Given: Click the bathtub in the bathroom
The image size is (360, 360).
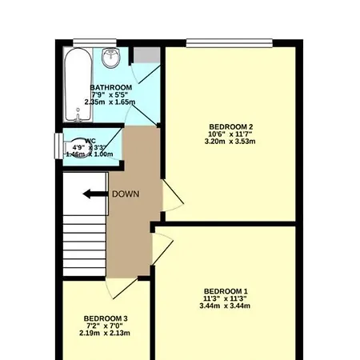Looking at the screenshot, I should [x=76, y=80].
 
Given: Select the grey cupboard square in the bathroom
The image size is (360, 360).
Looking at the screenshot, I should [x=146, y=54].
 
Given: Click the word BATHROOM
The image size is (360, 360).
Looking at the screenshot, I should [x=111, y=87].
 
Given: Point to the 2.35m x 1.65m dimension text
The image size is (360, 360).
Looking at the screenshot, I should [x=111, y=102].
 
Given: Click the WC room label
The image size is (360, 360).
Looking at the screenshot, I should [x=90, y=141].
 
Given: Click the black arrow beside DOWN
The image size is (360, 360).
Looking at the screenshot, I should [x=94, y=194].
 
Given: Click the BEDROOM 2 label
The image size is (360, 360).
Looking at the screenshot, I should [x=230, y=127].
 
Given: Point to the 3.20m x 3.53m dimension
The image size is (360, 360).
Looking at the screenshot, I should [x=230, y=142].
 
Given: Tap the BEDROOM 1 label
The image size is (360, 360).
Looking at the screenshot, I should [x=225, y=290].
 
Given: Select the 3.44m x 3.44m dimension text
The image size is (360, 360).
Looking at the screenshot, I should [x=225, y=306].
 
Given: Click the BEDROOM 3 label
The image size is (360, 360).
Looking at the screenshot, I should [x=106, y=318].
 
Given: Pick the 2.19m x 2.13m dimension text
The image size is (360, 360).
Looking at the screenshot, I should [x=106, y=334].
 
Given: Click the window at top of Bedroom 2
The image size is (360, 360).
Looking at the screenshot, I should [x=230, y=42].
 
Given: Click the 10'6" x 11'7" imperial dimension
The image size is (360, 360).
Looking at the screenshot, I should [x=230, y=134].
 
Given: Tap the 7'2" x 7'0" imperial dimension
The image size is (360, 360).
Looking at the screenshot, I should [x=106, y=326].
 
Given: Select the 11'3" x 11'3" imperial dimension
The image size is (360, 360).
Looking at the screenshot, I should [x=225, y=298].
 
